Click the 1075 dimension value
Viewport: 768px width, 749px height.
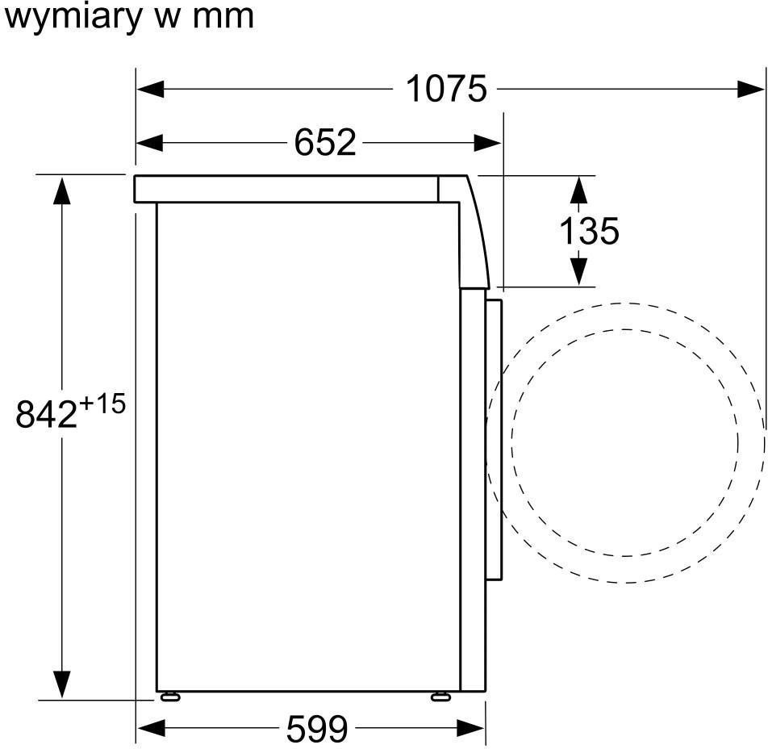pos(446,89)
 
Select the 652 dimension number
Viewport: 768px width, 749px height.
pos(324,143)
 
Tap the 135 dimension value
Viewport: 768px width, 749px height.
pos(589,231)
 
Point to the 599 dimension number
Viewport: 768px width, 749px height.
pos(317,729)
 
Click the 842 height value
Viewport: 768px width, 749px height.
pos(46,415)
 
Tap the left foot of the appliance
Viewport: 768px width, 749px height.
pos(170,696)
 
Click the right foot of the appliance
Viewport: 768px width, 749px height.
pos(441,696)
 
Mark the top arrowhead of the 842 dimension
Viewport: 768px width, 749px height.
pos(61,190)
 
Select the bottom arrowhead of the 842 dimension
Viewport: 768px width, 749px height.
pos(61,684)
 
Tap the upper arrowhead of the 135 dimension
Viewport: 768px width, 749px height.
pos(578,190)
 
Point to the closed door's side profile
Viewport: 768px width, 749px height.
pos(494,440)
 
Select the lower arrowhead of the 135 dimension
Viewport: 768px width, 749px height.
pos(578,270)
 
